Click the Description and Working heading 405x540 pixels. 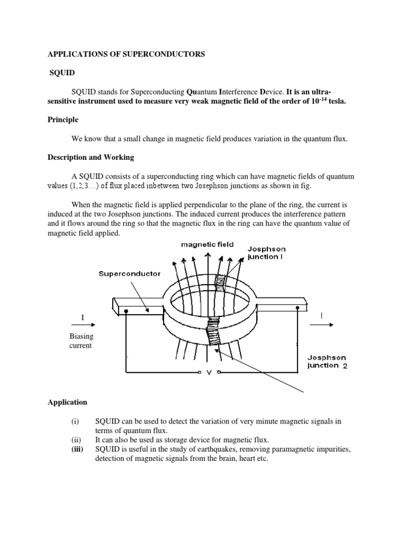point(91,157)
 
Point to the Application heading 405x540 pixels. point(67,402)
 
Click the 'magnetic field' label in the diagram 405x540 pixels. point(207,245)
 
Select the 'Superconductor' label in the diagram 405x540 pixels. point(129,274)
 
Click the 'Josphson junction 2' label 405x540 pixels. point(327,361)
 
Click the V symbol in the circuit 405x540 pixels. point(209,373)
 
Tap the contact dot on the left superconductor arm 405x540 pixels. point(127,311)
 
